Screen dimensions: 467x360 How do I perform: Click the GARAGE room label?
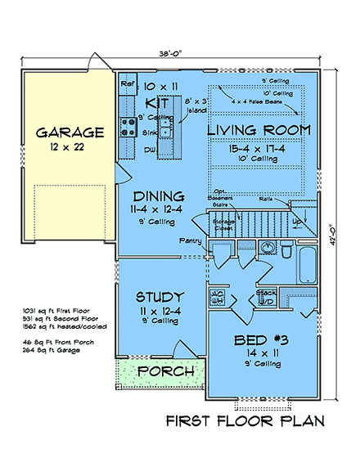(x=69, y=132)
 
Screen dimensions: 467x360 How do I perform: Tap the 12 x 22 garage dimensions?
(x=69, y=149)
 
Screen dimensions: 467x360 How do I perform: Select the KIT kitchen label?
(x=155, y=103)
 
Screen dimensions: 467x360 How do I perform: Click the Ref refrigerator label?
(x=127, y=83)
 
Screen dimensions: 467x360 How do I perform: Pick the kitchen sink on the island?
(x=166, y=129)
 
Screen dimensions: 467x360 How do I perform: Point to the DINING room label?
(x=160, y=196)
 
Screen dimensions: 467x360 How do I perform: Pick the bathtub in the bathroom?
(x=308, y=270)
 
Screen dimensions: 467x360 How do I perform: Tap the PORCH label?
(x=166, y=372)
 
